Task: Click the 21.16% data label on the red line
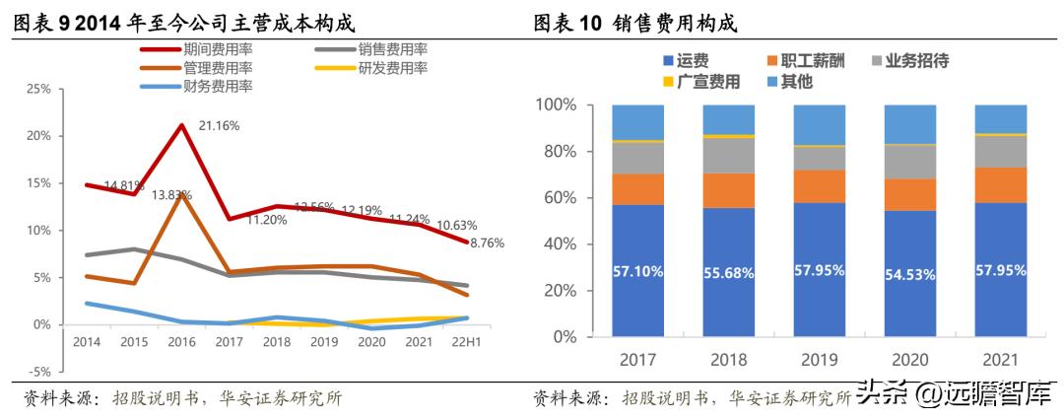tap(219, 126)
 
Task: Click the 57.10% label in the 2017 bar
tap(636, 269)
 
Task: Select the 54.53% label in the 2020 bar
tap(909, 274)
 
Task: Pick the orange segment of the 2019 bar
tap(819, 186)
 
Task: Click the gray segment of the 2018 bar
tap(728, 155)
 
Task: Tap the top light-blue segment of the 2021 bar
tap(1000, 118)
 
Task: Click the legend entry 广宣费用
tap(703, 82)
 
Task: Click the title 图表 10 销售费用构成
tap(635, 22)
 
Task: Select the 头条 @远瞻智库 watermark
tap(950, 394)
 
